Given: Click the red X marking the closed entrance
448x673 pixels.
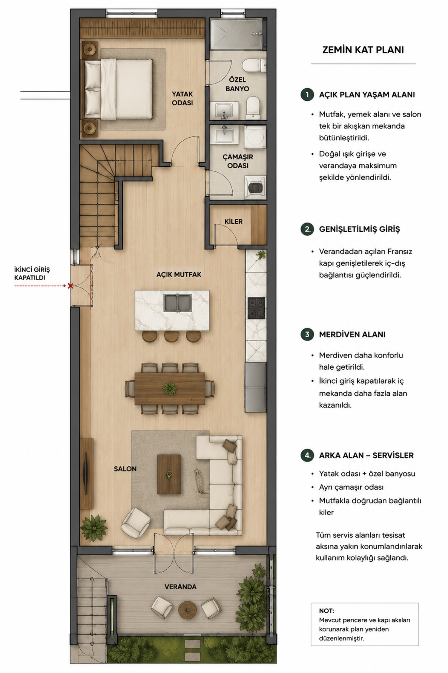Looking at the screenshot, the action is click(x=70, y=286).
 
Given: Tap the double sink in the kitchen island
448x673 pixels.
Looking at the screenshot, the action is click(x=177, y=303).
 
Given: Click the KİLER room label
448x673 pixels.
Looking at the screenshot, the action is click(x=234, y=222).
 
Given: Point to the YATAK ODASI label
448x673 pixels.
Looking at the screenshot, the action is click(x=182, y=98).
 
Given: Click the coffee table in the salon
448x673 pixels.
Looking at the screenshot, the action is click(x=169, y=474).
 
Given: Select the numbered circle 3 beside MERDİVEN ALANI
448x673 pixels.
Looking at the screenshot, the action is click(x=307, y=334).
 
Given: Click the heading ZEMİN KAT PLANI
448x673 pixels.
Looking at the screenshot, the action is click(x=363, y=50).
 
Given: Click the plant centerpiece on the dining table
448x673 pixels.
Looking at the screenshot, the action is click(x=170, y=389).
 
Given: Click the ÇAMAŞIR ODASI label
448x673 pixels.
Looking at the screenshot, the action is click(x=238, y=161).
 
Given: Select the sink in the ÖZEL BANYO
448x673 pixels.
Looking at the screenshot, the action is click(x=224, y=110).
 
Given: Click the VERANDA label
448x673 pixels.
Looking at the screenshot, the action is click(x=180, y=587).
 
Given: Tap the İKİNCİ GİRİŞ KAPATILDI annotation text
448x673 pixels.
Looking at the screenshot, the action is click(x=32, y=273).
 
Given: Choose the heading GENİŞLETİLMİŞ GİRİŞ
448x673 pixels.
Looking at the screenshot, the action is click(x=359, y=229).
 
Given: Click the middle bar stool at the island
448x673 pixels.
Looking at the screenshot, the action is click(x=172, y=336).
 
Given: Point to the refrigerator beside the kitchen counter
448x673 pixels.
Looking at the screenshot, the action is click(x=255, y=387).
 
